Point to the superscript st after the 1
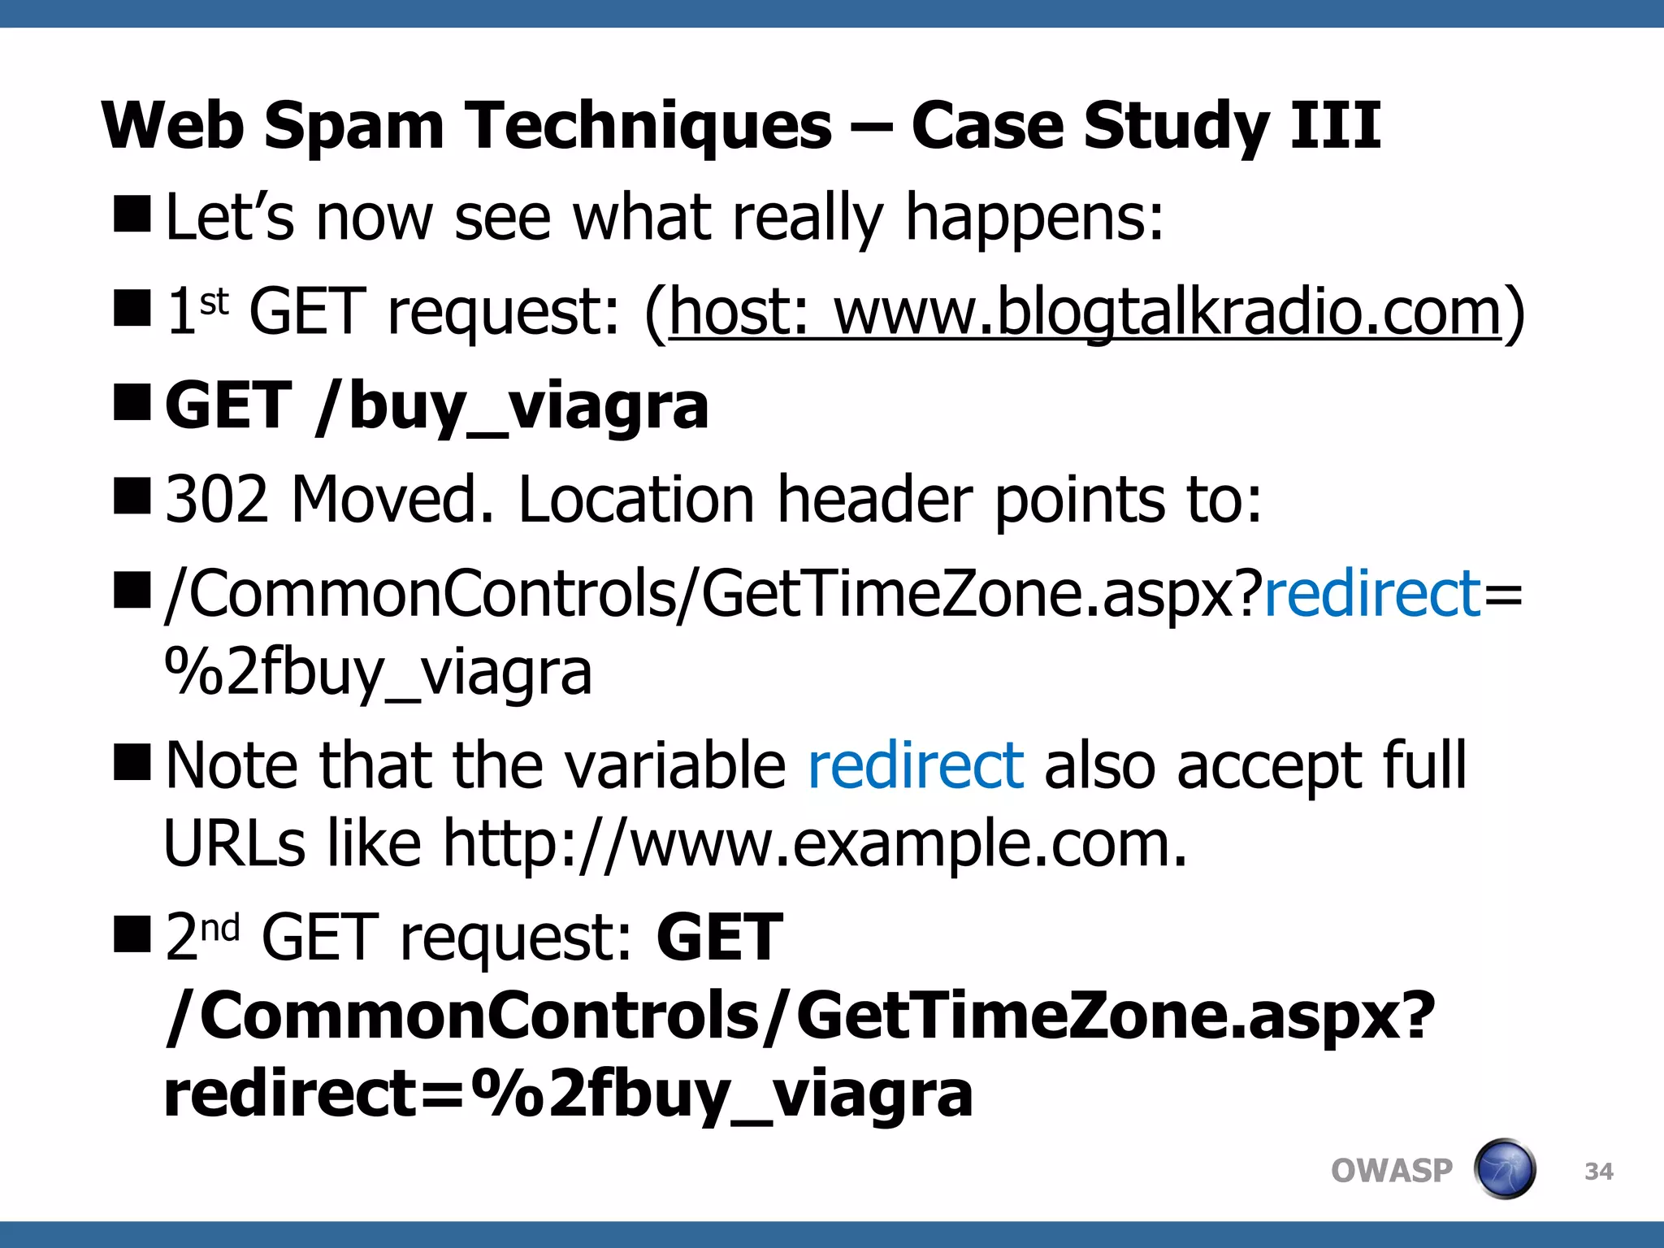point(214,301)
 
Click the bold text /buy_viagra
point(512,405)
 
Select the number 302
point(216,498)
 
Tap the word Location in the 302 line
point(636,498)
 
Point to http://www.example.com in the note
point(814,843)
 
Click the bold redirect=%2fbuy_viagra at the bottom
point(568,1093)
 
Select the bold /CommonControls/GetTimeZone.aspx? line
point(799,1016)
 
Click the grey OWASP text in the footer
point(1391,1170)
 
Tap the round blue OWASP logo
point(1504,1169)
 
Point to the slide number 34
point(1598,1171)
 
